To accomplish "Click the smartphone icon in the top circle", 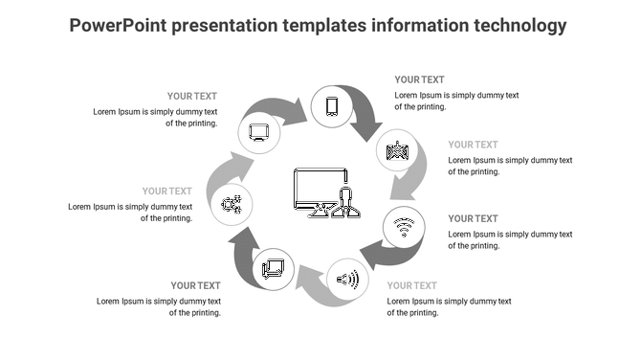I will [x=332, y=106].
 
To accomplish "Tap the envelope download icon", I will [x=397, y=150].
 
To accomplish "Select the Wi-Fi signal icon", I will [x=404, y=227].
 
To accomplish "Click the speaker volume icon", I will [x=347, y=280].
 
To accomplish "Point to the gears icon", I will [x=232, y=204].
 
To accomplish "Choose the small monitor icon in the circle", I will [x=258, y=133].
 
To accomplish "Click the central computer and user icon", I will [x=325, y=193].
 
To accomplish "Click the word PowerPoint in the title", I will [x=119, y=25].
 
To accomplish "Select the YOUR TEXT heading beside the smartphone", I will [x=419, y=80].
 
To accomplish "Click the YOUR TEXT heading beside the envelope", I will [x=473, y=146].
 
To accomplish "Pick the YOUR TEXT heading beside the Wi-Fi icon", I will [x=473, y=219].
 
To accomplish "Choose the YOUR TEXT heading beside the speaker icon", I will [x=411, y=285].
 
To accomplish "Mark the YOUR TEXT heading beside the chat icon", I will [x=195, y=285].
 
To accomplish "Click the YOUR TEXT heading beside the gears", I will [x=167, y=191].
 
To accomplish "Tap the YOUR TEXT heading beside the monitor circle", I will [x=192, y=97].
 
